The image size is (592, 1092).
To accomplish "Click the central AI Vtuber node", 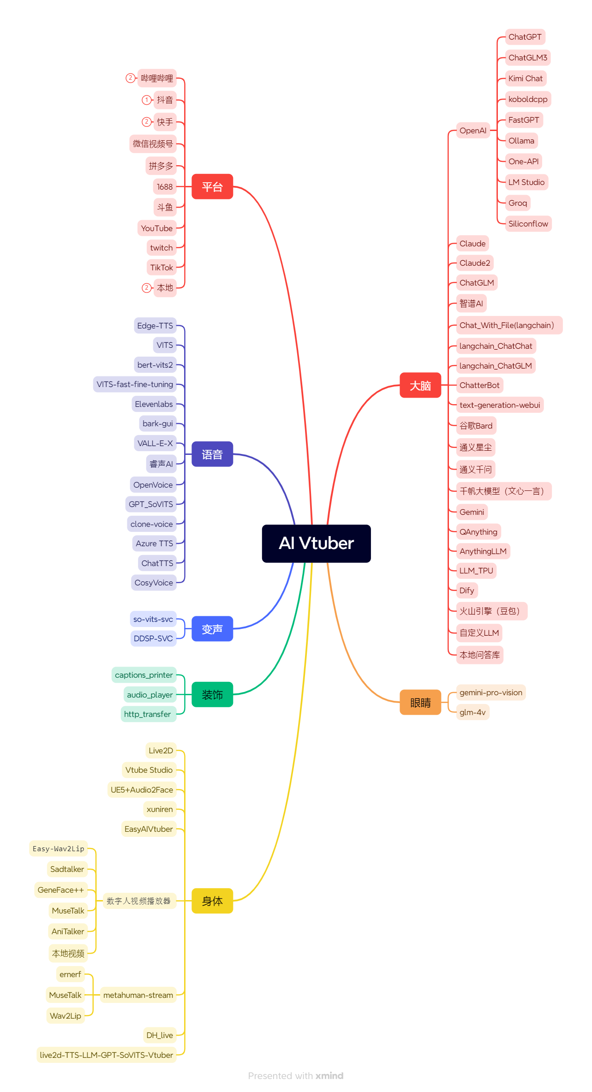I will coord(316,543).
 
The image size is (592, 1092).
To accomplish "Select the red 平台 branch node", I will coord(212,187).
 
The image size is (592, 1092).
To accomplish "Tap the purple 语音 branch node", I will coord(212,454).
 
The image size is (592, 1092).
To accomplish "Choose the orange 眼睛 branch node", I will coord(420,703).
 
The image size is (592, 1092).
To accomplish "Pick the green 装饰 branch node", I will coord(212,695).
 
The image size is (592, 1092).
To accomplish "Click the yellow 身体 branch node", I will coord(212,901).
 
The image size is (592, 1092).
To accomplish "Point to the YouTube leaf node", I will coord(157,228).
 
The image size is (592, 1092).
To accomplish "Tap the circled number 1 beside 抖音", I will coord(146,100).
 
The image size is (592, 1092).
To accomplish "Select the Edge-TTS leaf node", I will coord(155,326).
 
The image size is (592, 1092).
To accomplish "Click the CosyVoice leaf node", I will coord(154,583).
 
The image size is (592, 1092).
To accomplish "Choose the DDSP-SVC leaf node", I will coord(153,638).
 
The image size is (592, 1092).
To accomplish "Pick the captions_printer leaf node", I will coord(144,675).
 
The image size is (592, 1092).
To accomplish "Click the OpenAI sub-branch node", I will coord(473,131).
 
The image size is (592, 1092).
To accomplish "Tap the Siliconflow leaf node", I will coord(528,224).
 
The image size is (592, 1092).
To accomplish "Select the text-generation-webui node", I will coord(500,405).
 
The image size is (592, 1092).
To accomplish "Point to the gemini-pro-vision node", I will coord(491,692).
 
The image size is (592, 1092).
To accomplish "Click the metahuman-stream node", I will coord(138,995).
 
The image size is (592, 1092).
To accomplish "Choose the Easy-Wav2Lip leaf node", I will coord(59,848).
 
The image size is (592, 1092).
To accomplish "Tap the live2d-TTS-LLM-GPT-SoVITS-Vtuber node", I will coord(107,1055).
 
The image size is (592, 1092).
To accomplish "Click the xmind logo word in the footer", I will coord(329,1076).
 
